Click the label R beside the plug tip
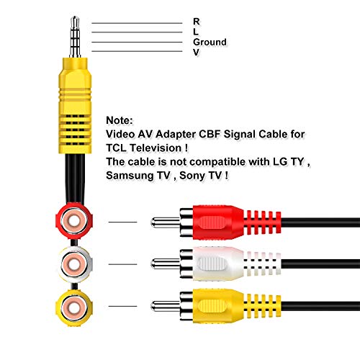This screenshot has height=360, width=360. [197, 22]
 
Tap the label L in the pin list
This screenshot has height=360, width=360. [196, 32]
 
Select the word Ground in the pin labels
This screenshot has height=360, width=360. [210, 42]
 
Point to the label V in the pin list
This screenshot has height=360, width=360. [197, 52]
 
